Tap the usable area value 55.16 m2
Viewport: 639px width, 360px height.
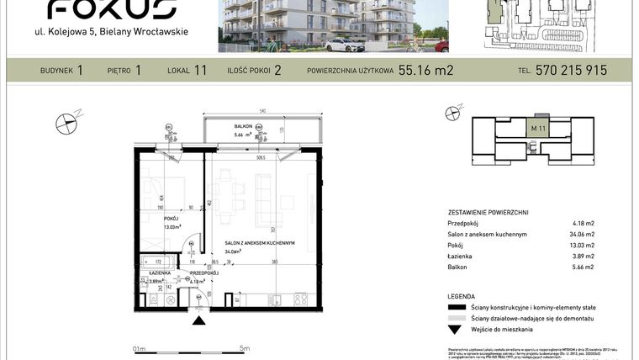pos(425,71)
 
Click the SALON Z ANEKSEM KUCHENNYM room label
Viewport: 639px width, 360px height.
pos(259,242)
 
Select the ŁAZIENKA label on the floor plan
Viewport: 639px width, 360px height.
pos(161,273)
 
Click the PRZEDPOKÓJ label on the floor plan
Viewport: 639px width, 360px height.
pos(203,273)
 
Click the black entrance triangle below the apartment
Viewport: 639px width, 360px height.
pos(199,319)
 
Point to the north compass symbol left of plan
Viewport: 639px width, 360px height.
pos(66,124)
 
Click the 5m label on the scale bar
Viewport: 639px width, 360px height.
pos(245,347)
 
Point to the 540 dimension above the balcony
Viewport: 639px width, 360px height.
pos(262,111)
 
